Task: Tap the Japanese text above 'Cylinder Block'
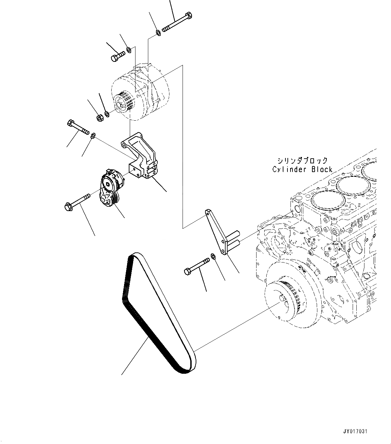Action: pos(302,160)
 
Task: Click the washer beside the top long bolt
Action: pos(158,33)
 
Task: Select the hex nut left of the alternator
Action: pos(100,118)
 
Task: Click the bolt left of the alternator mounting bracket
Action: pos(78,127)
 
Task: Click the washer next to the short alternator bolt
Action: pos(129,51)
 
